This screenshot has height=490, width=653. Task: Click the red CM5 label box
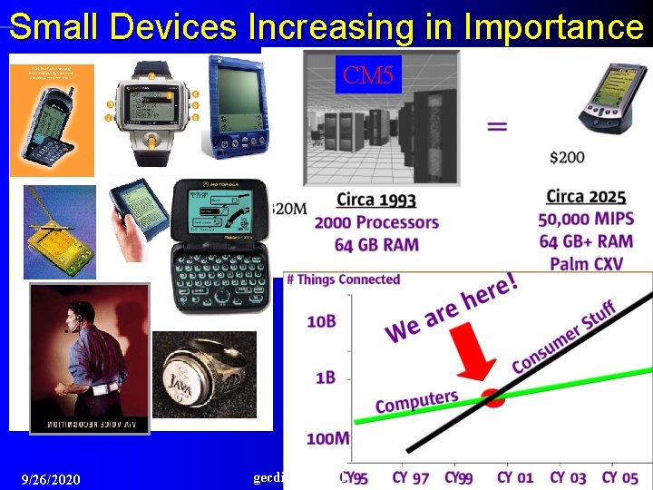(x=368, y=74)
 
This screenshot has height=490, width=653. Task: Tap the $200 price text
(x=567, y=157)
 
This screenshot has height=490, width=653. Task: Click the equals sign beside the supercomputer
(x=497, y=126)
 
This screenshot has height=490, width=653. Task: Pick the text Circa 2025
(x=585, y=197)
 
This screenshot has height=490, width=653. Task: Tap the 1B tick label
(x=325, y=377)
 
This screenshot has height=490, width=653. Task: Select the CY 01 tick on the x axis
(x=514, y=477)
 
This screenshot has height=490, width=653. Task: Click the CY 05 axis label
(x=620, y=477)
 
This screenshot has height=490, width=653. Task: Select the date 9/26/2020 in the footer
(x=51, y=479)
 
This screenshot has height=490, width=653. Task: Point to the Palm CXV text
(x=586, y=263)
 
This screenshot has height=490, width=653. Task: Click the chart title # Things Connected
(x=343, y=279)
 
